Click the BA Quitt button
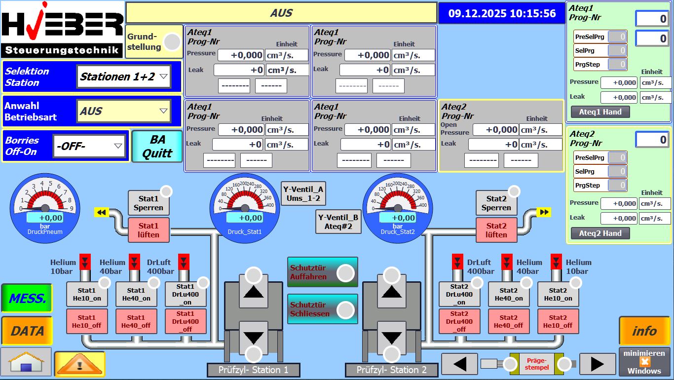click(157, 147)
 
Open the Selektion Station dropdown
click(124, 76)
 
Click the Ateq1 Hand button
click(600, 112)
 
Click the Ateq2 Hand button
click(600, 233)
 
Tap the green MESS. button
click(27, 299)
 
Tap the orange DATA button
click(27, 331)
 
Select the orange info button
click(644, 331)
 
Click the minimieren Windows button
click(644, 362)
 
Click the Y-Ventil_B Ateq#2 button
click(338, 222)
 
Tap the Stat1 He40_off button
click(136, 321)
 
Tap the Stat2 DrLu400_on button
click(459, 294)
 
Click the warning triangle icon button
click(79, 364)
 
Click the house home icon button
click(26, 362)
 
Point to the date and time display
click(502, 14)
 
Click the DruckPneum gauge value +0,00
click(45, 218)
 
